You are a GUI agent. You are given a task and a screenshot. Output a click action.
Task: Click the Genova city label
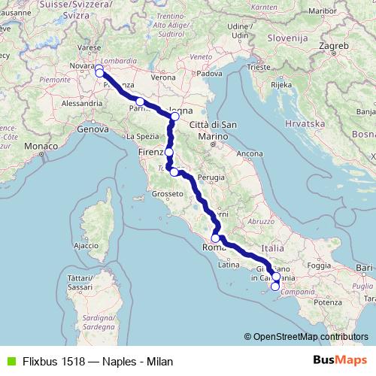point(94,129)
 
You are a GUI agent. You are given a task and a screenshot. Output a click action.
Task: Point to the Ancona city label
point(249,153)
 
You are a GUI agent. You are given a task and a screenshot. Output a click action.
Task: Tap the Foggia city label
point(319,265)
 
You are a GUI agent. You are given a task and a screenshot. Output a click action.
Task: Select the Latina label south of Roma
point(228,265)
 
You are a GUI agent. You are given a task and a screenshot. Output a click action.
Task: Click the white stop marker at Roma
point(216,239)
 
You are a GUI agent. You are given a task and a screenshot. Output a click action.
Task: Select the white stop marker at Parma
point(140,101)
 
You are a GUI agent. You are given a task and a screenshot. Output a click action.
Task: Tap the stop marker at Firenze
point(169,152)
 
